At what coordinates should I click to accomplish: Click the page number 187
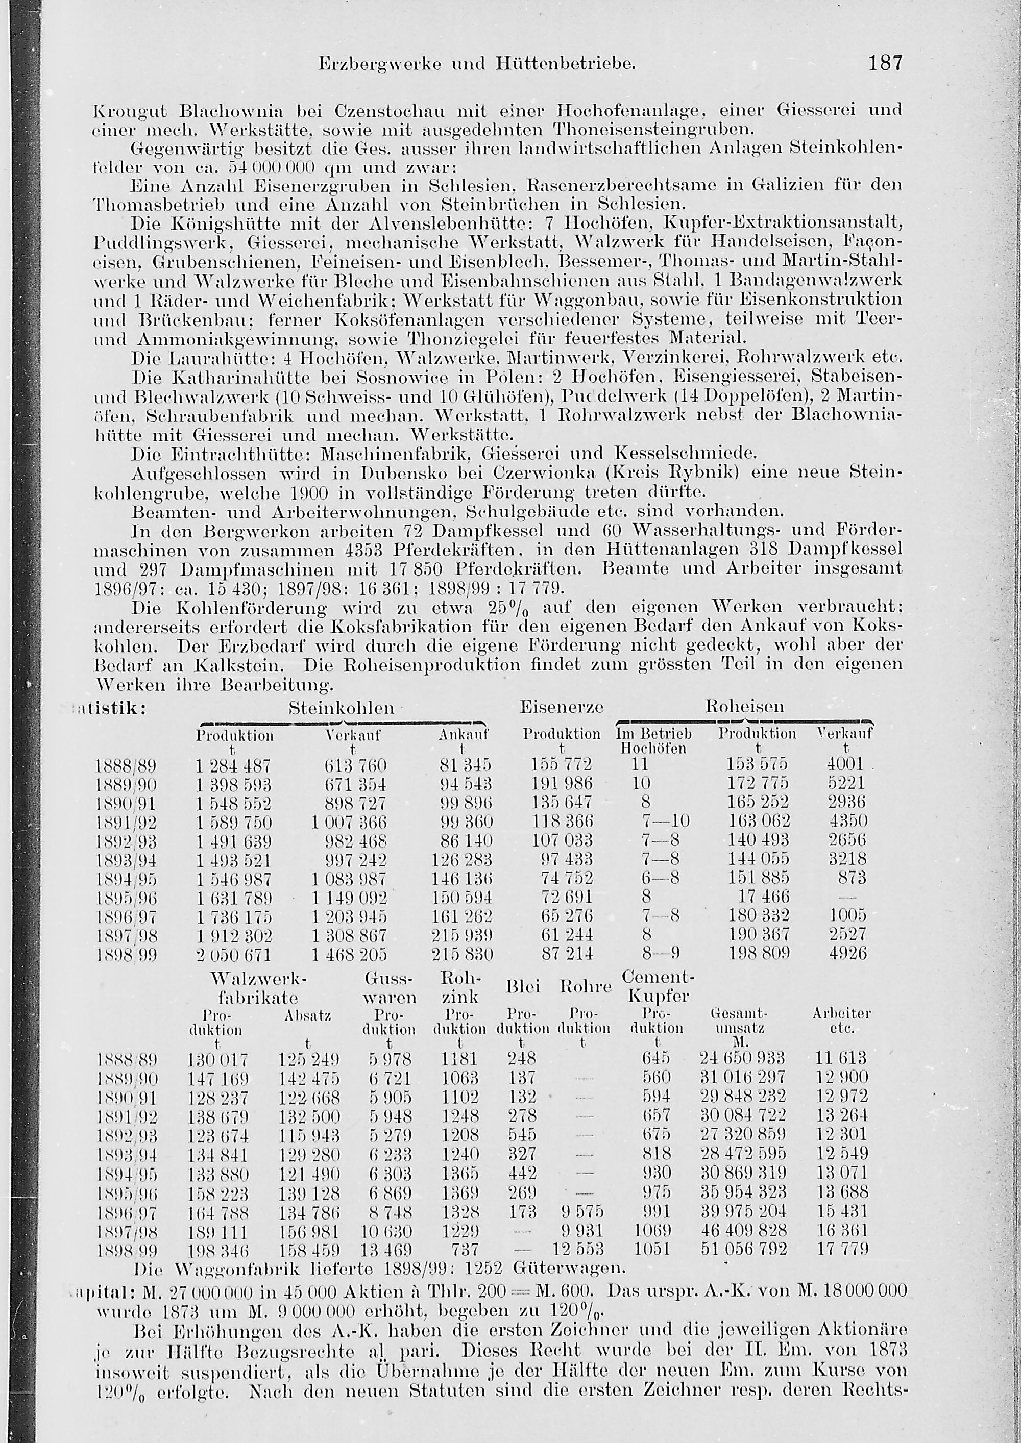coord(885,63)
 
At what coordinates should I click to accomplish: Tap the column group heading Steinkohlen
coord(342,707)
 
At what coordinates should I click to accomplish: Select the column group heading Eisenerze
coord(562,707)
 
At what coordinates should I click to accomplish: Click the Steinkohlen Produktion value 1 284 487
coord(233,765)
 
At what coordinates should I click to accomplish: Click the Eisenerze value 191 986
coord(562,784)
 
